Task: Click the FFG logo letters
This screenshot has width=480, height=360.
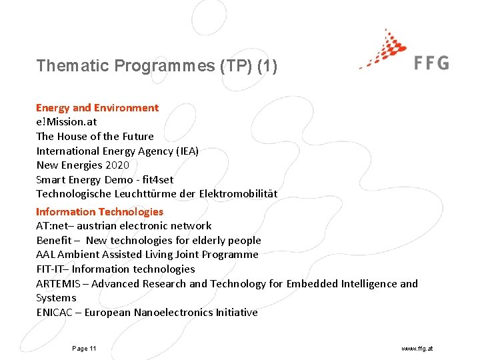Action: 431,63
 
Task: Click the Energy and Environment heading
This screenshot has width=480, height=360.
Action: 97,107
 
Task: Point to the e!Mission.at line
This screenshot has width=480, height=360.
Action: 66,122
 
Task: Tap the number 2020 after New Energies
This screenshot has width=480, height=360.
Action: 117,165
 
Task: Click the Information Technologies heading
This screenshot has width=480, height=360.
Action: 99,211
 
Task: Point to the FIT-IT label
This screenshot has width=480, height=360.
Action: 51,269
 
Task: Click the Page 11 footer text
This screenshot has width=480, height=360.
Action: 84,349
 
